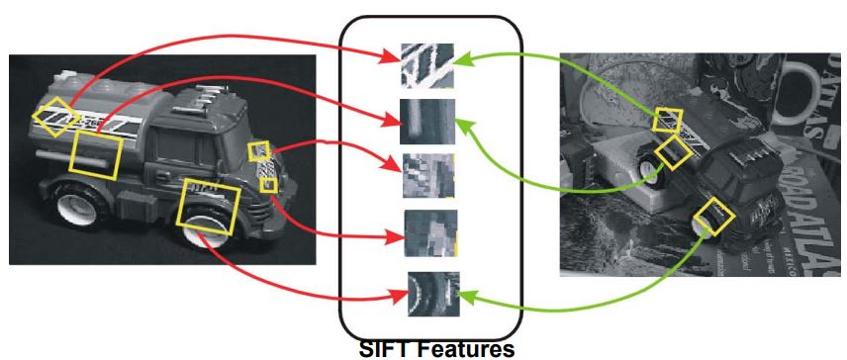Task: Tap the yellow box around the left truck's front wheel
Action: (x=208, y=207)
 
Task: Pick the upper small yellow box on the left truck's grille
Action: (x=258, y=150)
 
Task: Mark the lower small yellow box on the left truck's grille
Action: (x=267, y=184)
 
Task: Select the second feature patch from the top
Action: (x=426, y=122)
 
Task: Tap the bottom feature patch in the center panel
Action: (x=433, y=294)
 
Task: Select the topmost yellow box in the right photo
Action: (x=669, y=120)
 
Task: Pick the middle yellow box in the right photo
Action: (x=675, y=151)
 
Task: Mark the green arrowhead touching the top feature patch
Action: (x=461, y=60)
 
